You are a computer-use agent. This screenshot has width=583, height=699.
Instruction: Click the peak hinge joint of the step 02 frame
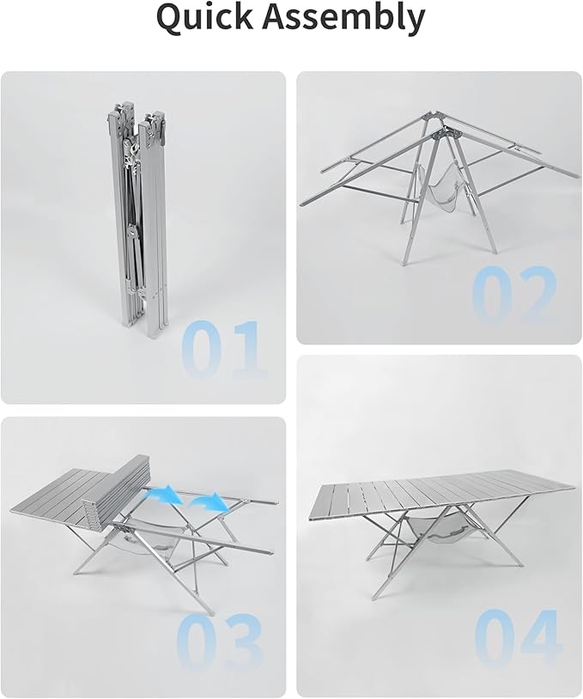coord(448,133)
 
